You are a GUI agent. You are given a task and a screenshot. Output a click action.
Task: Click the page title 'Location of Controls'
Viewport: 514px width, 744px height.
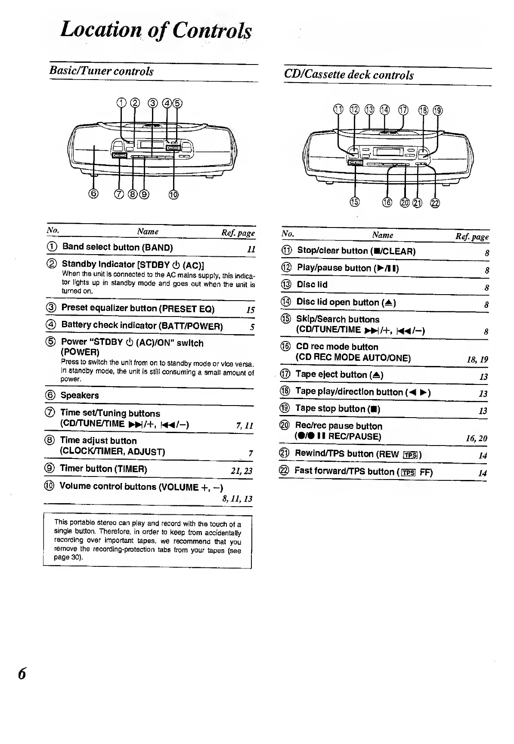(x=156, y=30)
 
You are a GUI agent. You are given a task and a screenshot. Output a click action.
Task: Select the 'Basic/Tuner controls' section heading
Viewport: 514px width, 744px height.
(x=101, y=71)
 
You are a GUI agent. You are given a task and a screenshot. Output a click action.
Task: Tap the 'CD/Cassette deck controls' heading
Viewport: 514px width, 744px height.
(x=349, y=75)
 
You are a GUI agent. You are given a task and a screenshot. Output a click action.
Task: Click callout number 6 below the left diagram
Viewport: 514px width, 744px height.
(x=94, y=194)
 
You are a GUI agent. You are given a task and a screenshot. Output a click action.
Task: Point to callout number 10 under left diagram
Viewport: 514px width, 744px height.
(x=173, y=195)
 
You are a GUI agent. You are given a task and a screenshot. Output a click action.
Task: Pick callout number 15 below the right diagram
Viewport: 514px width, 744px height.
(x=355, y=202)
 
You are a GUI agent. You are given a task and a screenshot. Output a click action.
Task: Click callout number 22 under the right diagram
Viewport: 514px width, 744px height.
(x=435, y=203)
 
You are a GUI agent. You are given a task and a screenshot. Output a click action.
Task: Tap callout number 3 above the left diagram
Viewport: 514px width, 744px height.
(x=152, y=103)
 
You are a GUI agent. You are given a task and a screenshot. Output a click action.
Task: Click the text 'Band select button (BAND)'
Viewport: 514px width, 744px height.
(x=117, y=247)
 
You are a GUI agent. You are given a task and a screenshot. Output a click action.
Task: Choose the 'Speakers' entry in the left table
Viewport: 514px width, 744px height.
(x=80, y=395)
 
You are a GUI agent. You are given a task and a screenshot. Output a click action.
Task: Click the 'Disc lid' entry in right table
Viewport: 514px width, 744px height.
(x=312, y=285)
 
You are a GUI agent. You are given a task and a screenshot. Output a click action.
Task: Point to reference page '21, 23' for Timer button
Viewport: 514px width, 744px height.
(x=242, y=470)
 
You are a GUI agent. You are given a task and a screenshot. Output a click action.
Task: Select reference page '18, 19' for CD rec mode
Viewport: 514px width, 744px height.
(x=477, y=360)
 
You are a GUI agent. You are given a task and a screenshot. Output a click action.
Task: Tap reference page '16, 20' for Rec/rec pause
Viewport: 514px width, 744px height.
(x=477, y=438)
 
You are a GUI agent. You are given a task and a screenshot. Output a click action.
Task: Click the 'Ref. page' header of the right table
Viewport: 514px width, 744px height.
(x=472, y=237)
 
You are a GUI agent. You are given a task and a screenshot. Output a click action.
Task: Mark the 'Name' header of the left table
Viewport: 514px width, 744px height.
(x=148, y=231)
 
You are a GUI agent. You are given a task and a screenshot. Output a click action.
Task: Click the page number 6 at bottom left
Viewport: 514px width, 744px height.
(x=22, y=673)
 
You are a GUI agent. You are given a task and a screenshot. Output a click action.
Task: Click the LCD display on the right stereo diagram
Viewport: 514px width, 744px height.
(x=389, y=152)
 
